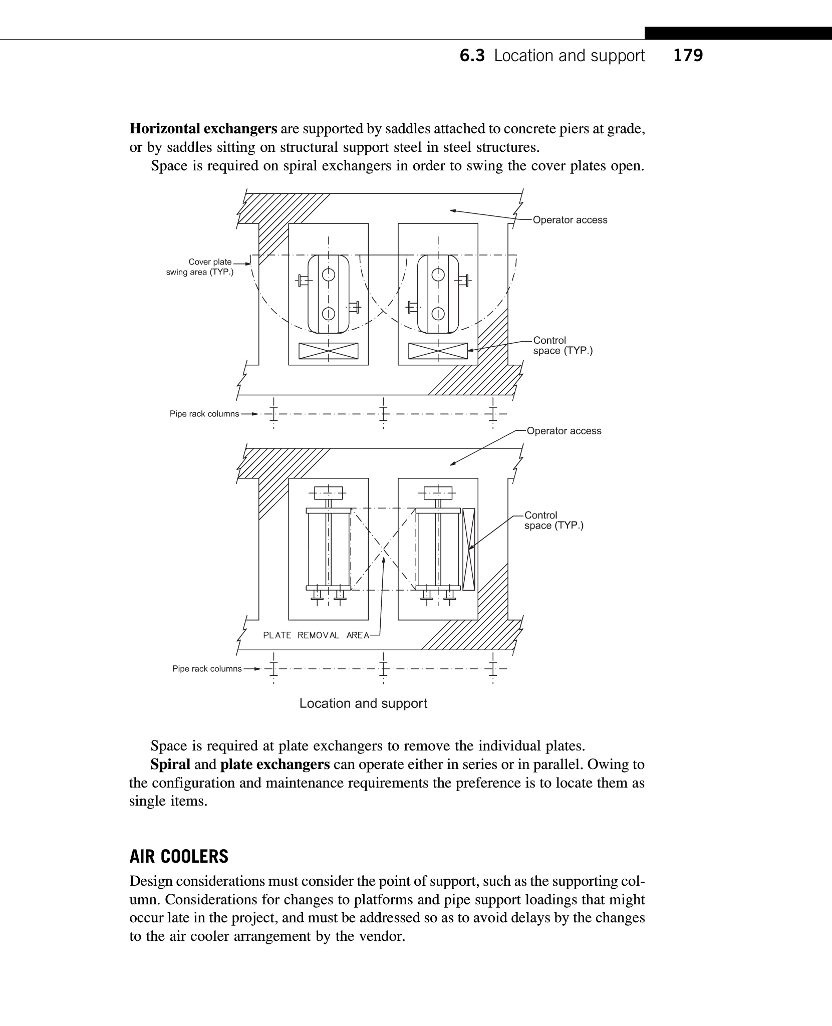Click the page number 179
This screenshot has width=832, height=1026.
688,55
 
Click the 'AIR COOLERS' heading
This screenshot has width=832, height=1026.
179,857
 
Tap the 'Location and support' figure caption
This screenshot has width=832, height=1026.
363,703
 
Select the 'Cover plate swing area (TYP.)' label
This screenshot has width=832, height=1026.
200,267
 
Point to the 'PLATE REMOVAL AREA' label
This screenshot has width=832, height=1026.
316,635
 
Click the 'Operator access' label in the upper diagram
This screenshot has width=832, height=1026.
570,220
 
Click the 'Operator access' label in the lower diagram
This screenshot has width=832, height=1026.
564,431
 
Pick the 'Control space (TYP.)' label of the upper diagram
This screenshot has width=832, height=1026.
562,345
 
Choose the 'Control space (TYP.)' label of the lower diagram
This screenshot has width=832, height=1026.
553,520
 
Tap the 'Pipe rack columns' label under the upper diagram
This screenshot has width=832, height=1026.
204,414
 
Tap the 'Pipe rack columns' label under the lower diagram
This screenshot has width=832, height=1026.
207,669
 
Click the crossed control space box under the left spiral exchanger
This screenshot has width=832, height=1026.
328,351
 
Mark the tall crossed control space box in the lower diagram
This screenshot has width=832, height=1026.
468,549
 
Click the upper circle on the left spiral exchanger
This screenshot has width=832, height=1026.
328,274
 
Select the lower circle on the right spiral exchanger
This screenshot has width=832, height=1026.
438,314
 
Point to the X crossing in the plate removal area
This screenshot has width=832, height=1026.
383,549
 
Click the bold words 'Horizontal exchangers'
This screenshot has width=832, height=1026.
203,129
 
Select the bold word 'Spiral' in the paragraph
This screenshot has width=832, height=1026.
170,764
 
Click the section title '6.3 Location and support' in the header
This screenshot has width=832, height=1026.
552,55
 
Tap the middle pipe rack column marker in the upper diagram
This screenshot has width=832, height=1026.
383,414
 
